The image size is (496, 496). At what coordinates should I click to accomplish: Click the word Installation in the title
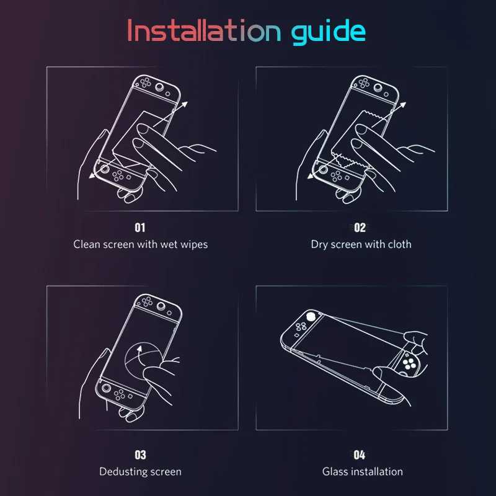point(204,30)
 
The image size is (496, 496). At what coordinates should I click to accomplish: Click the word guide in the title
point(329,32)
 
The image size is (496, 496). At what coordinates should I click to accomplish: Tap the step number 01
point(140,228)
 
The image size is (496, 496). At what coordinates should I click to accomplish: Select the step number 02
point(360,228)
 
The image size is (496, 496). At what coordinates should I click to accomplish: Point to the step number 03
point(140,455)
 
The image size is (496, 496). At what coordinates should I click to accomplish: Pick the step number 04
point(360,455)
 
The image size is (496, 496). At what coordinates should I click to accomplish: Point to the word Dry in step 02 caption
point(319,245)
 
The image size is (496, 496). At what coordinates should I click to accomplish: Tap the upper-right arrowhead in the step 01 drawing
point(184,105)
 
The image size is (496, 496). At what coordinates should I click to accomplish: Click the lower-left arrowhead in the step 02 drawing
point(311,175)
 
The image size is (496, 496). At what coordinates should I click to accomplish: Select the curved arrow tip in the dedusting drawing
point(139,348)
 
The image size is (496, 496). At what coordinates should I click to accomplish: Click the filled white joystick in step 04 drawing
point(311,316)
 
